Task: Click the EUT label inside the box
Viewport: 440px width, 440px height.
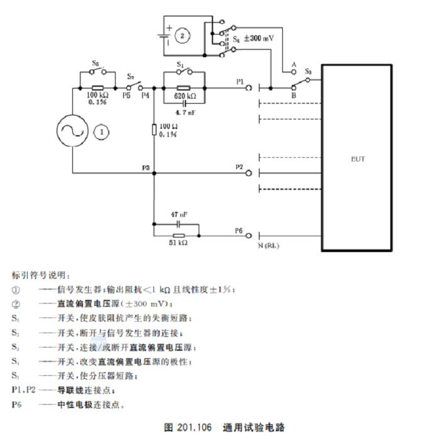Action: (358, 159)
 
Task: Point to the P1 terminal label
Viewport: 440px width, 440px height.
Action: (240, 82)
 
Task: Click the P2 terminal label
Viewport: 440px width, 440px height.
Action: (239, 167)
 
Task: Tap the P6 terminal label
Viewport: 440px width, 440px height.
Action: (239, 231)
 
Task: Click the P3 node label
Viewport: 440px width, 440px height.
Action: (146, 168)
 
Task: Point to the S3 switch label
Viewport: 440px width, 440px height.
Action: (308, 72)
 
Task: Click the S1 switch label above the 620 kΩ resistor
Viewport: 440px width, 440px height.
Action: (180, 64)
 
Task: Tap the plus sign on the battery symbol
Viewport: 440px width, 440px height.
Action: (169, 28)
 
